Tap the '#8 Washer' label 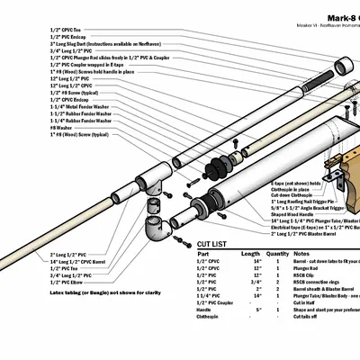tap(60, 128)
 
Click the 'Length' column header tap(251, 254)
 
